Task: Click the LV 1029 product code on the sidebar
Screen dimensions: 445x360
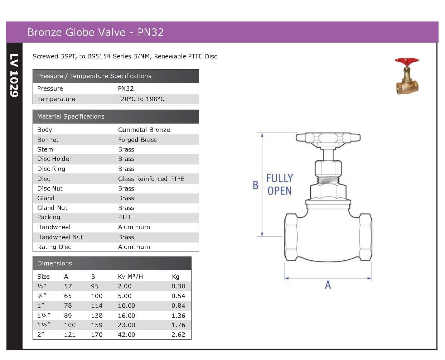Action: (x=14, y=76)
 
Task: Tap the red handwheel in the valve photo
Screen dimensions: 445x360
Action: (x=407, y=61)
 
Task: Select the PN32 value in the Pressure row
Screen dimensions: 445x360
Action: (x=126, y=88)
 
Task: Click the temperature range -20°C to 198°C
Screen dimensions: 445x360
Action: (x=141, y=99)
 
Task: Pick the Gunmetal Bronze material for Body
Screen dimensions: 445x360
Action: (x=144, y=130)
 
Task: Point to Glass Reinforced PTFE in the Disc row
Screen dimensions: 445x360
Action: (x=151, y=179)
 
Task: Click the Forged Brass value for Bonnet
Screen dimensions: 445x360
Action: (x=137, y=140)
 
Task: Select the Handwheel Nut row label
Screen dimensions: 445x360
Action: (x=60, y=237)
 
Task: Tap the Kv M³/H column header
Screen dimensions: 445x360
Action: (x=130, y=277)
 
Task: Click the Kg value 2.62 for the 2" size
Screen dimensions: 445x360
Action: (x=178, y=335)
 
